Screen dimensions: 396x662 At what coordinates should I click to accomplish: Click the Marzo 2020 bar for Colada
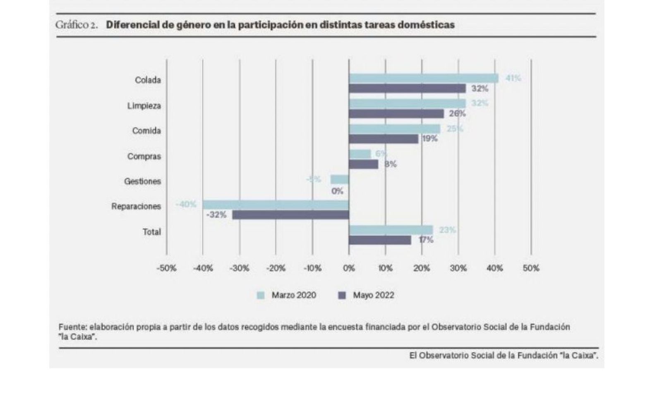(423, 78)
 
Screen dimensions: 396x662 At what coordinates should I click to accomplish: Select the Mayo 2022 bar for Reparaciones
(290, 215)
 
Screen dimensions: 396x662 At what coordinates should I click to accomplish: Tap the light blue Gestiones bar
(340, 179)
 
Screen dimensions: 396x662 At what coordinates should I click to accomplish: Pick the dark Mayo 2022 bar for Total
(380, 240)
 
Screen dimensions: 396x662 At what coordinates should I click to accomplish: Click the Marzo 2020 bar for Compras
(360, 154)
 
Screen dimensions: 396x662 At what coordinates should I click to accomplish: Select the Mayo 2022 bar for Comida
(384, 139)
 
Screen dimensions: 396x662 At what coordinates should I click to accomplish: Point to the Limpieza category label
(144, 106)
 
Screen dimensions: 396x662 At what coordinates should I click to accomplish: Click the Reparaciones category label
(136, 206)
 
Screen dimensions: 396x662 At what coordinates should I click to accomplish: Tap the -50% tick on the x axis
(166, 268)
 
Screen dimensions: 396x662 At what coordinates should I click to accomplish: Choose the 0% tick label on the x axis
(349, 268)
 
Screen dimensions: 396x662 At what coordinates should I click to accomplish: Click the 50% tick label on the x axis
(531, 268)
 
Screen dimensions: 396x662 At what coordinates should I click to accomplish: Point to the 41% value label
(513, 78)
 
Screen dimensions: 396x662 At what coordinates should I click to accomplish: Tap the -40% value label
(186, 204)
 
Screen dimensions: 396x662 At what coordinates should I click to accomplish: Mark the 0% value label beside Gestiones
(337, 191)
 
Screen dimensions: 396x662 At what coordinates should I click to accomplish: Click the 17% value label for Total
(426, 240)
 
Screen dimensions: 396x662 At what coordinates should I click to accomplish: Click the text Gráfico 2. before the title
(77, 25)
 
